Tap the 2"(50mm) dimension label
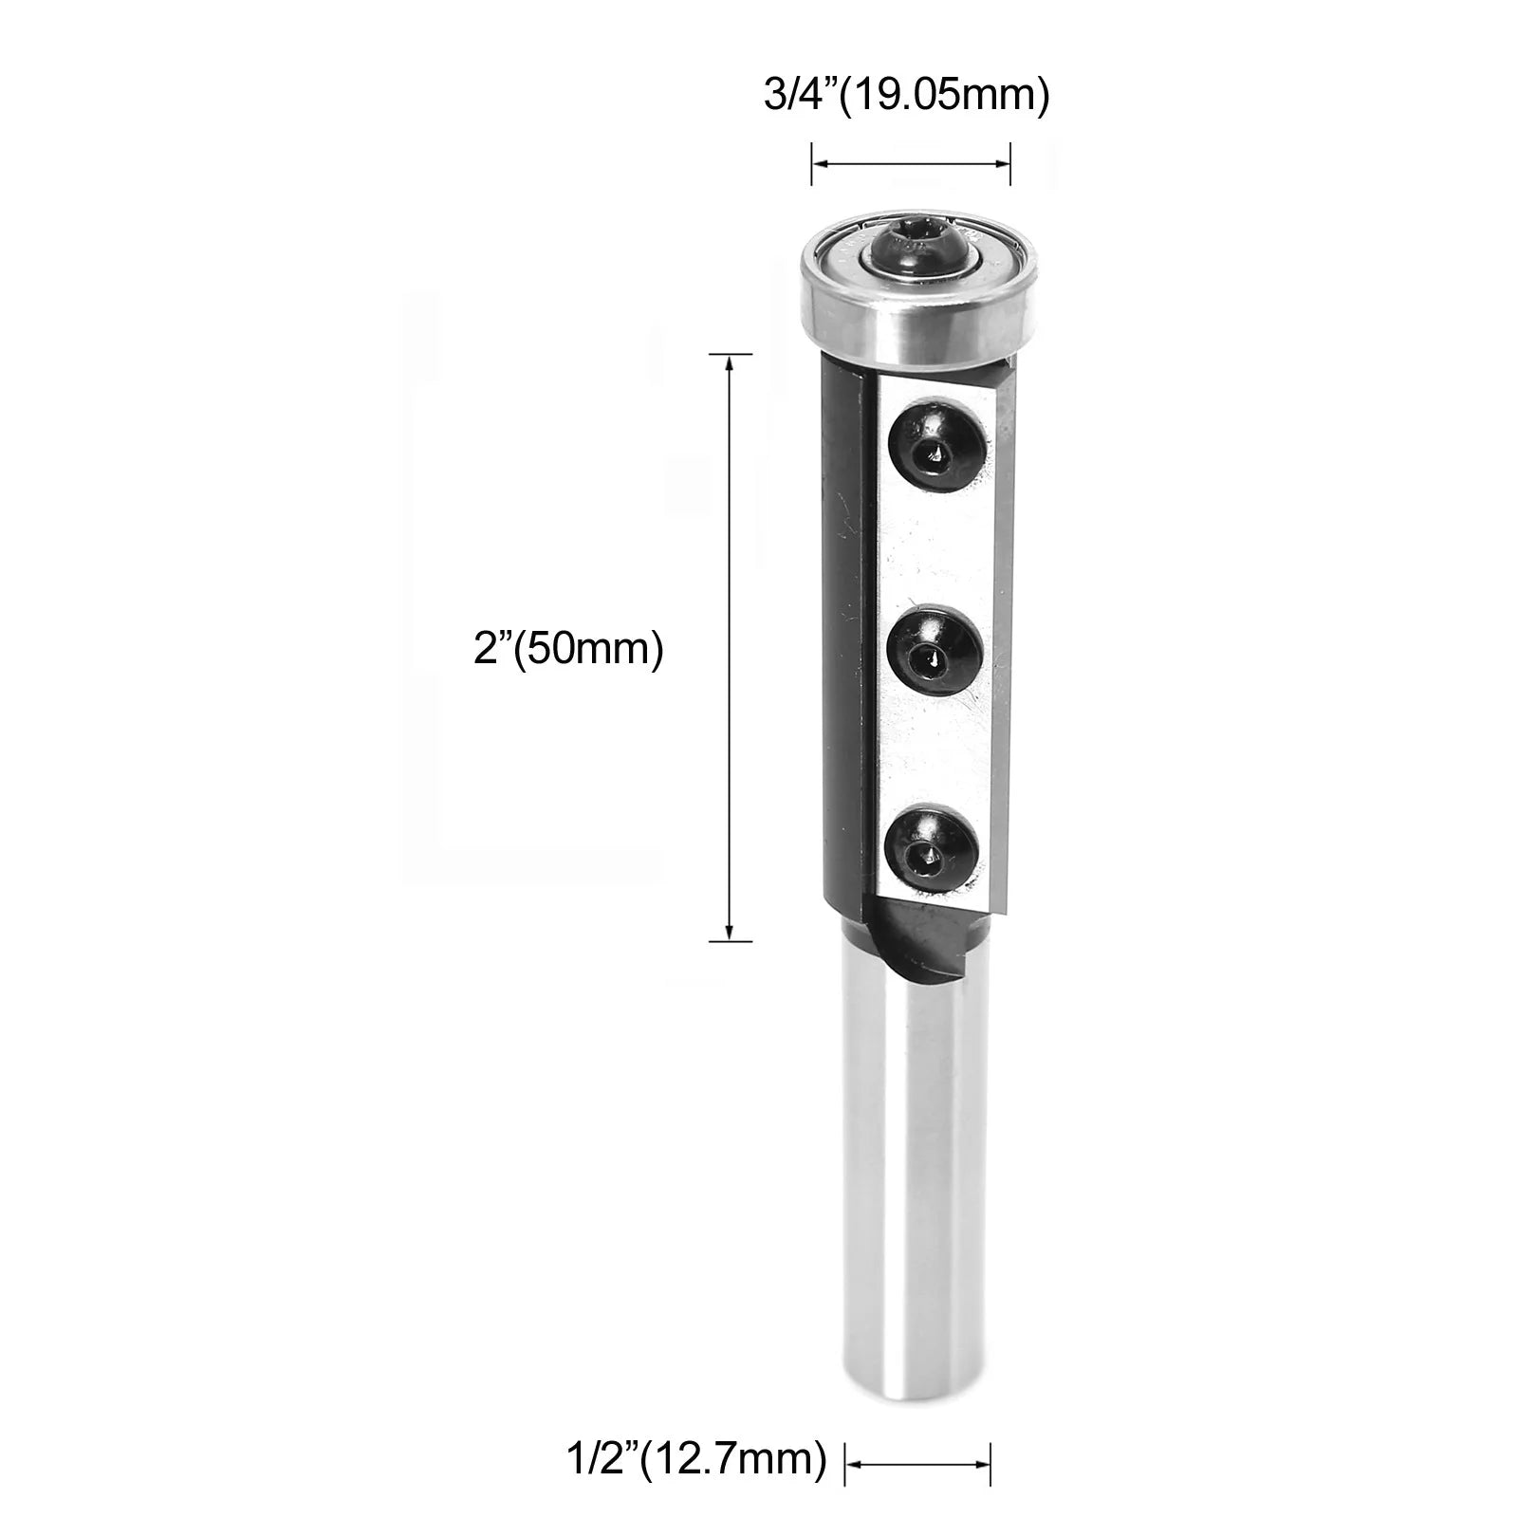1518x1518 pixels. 567,651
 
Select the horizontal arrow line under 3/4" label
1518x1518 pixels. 910,165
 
